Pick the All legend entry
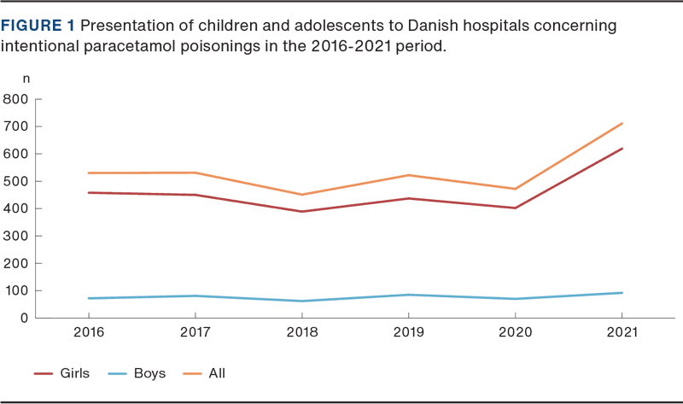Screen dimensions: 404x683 point(216,374)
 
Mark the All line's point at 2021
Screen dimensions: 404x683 point(622,123)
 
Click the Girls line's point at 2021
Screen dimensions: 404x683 point(622,148)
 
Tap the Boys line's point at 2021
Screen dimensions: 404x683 point(622,293)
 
